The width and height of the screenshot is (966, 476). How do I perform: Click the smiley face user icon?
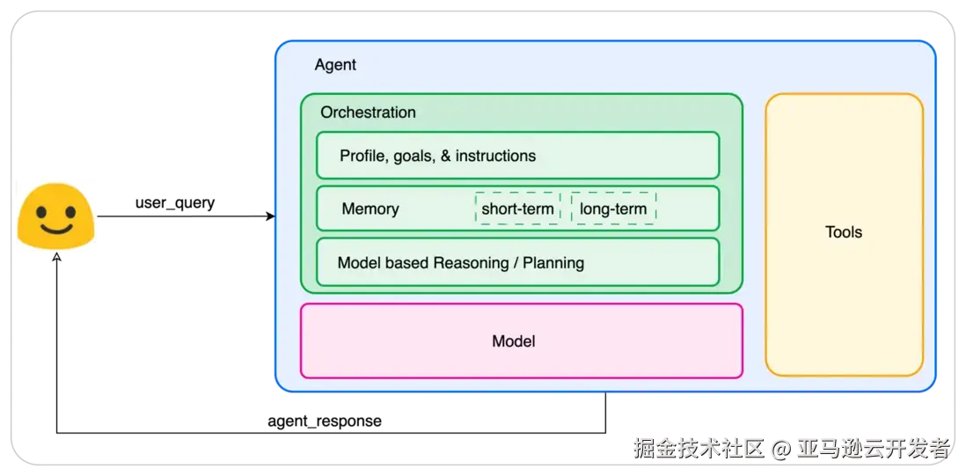click(x=55, y=216)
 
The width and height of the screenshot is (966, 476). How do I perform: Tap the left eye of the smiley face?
click(x=41, y=212)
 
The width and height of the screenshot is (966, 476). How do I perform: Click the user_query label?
click(x=175, y=202)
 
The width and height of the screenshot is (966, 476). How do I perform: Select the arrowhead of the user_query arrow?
click(x=270, y=216)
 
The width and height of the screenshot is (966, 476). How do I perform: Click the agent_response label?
click(x=325, y=421)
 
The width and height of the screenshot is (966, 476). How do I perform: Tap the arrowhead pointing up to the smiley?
click(x=56, y=256)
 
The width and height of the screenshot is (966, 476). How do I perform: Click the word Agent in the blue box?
click(x=335, y=65)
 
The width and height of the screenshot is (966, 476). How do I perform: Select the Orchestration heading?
click(x=368, y=113)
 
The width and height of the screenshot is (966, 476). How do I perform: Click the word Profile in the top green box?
click(x=361, y=156)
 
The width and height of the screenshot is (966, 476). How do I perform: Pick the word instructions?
click(x=495, y=156)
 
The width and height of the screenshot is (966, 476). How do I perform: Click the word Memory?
click(x=370, y=209)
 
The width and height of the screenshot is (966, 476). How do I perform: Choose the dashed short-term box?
click(x=517, y=209)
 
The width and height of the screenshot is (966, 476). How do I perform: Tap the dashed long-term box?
click(x=613, y=209)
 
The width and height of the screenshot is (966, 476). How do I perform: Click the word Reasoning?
click(x=470, y=263)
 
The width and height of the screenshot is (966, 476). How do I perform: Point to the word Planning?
click(x=553, y=263)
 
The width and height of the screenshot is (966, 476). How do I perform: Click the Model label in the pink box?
click(x=514, y=341)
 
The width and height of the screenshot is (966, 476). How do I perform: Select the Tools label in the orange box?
click(x=844, y=233)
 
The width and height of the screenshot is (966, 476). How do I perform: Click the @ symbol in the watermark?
click(x=780, y=449)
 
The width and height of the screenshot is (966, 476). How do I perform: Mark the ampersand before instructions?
click(x=445, y=156)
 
